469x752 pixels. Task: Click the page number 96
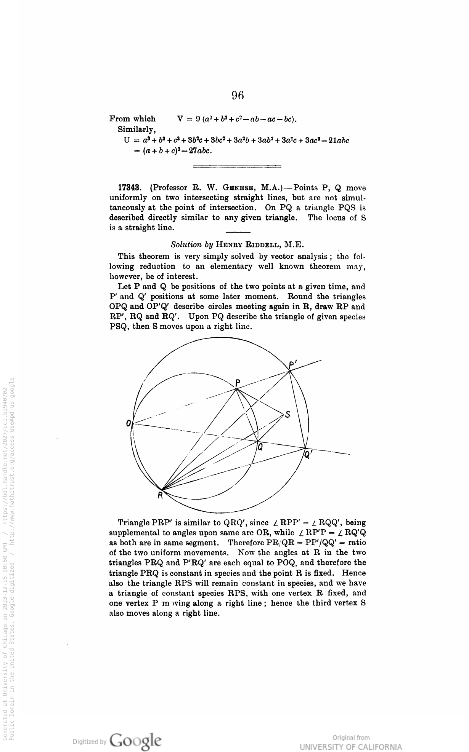point(238,95)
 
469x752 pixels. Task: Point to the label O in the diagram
point(129,423)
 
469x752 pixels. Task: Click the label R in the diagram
point(161,495)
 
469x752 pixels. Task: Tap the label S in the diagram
point(288,414)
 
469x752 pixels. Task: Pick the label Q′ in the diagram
point(308,455)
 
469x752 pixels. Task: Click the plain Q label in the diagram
point(260,446)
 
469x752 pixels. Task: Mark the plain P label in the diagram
point(238,382)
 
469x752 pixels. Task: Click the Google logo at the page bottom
point(135,741)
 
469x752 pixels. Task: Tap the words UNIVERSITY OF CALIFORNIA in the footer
point(351,746)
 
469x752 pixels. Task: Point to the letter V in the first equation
point(181,119)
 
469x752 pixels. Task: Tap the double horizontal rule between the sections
point(237,166)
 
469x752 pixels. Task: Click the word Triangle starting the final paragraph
point(134,522)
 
